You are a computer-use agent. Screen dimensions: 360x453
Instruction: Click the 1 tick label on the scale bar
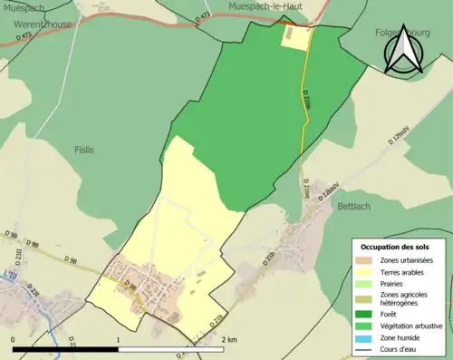click(x=119, y=339)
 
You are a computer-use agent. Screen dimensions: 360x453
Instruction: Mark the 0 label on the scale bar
click(x=13, y=339)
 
